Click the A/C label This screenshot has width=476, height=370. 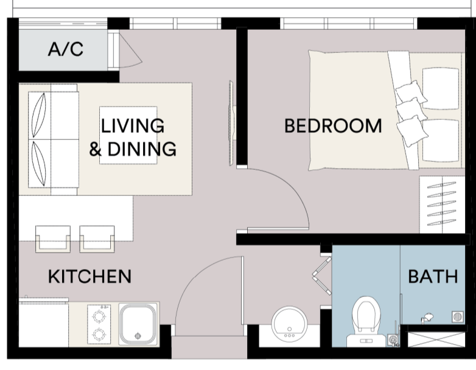66,49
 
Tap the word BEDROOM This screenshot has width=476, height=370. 333,126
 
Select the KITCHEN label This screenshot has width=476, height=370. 90,276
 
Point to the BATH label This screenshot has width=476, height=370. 433,276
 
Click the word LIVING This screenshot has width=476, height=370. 132,125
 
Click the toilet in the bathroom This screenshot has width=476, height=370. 366,321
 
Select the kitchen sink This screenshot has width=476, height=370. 138,324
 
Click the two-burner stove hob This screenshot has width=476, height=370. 99,324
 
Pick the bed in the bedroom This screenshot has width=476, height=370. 385,110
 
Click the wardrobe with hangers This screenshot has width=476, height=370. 442,204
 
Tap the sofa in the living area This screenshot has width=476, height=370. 54,139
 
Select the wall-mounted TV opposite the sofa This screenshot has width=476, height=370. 232,123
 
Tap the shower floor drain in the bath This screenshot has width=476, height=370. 458,317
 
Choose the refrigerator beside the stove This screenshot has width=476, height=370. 44,323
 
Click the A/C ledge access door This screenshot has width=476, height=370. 125,51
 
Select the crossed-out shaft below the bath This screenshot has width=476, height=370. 436,340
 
